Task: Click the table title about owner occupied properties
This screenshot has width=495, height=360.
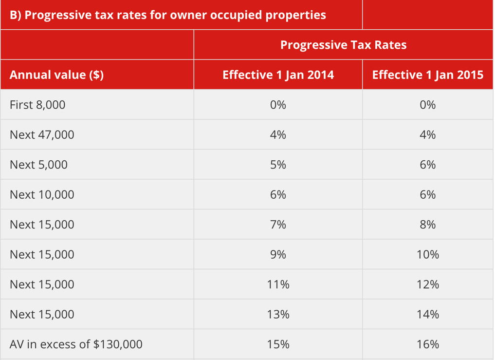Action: click(167, 15)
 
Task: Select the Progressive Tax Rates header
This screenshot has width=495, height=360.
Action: click(343, 45)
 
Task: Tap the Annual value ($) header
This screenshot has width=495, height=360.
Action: click(56, 75)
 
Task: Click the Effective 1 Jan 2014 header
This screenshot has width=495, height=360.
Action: click(278, 75)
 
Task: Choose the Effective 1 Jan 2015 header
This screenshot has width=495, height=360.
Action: click(427, 75)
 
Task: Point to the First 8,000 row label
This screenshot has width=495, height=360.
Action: click(37, 105)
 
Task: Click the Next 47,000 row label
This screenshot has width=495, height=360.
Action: click(42, 135)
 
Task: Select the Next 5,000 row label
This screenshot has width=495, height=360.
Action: click(38, 165)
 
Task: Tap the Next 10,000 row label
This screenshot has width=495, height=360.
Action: click(42, 195)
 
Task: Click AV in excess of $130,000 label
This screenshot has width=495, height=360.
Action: click(76, 344)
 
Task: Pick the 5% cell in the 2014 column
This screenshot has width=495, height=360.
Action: click(278, 165)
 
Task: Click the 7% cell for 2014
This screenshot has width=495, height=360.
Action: click(278, 225)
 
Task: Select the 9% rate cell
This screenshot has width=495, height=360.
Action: click(278, 255)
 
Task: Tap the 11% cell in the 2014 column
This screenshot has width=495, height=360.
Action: click(278, 284)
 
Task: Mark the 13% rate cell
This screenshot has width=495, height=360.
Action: click(278, 315)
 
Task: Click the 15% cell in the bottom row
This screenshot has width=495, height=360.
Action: click(278, 344)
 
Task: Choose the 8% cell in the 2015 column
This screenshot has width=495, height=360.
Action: click(427, 225)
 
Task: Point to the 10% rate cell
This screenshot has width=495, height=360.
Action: click(427, 255)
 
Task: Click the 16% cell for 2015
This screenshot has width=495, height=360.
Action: click(427, 344)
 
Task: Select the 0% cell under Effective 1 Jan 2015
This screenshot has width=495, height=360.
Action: click(427, 105)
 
